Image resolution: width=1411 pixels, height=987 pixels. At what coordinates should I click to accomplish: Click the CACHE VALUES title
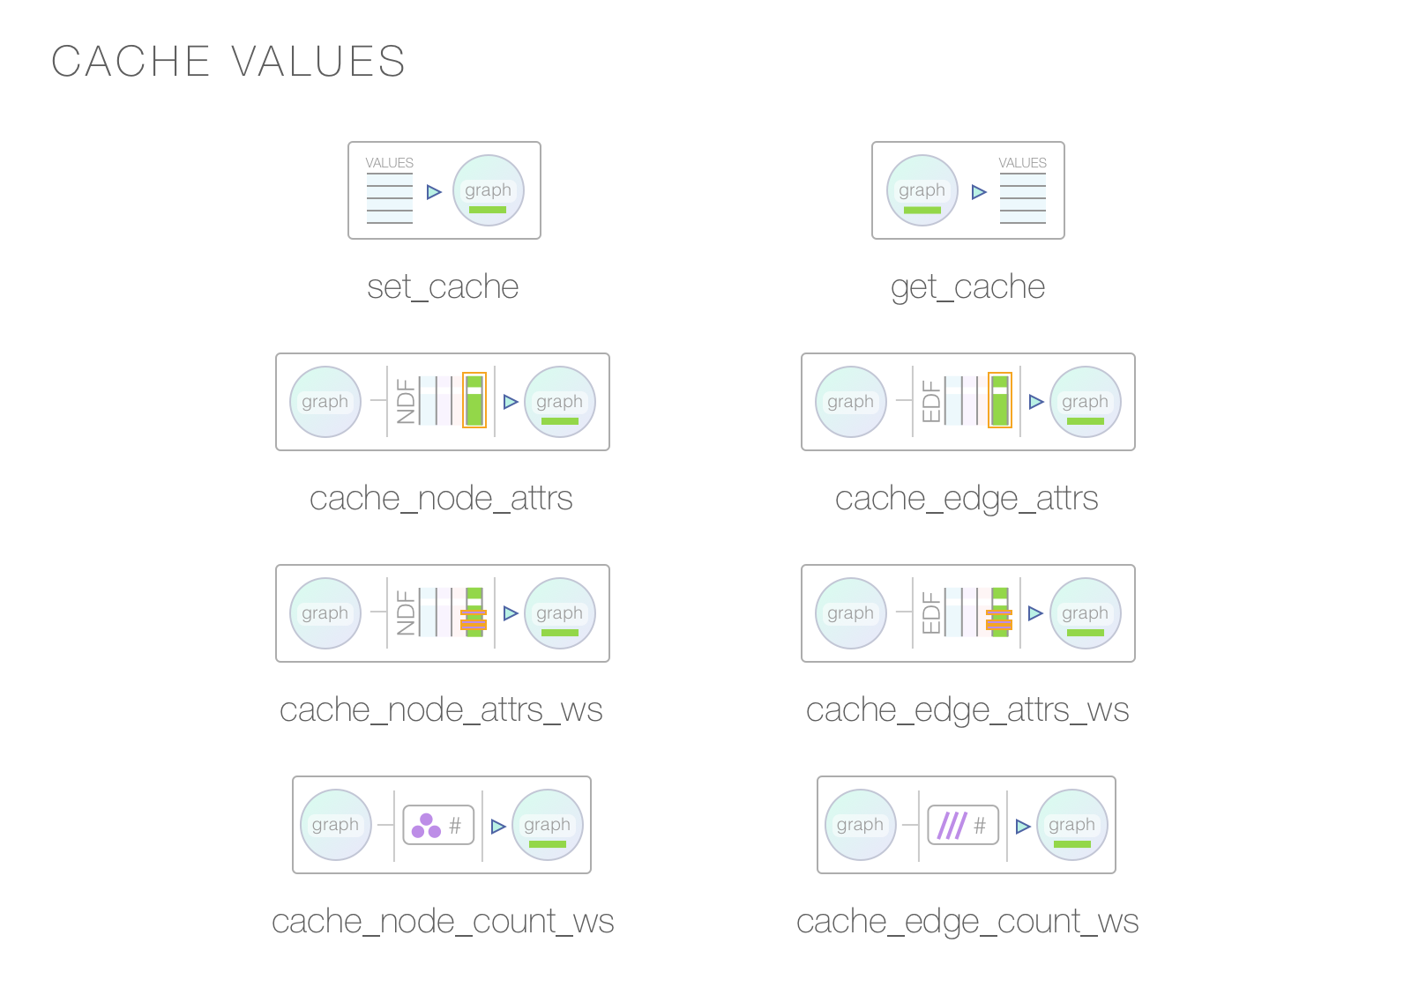point(228,62)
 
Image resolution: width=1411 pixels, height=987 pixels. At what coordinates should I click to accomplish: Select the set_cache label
point(443,287)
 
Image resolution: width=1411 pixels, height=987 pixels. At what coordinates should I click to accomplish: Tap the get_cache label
point(967,287)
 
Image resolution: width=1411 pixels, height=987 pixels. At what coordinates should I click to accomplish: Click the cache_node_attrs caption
point(441,499)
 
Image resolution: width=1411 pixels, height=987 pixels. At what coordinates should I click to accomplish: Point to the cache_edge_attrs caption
point(967,499)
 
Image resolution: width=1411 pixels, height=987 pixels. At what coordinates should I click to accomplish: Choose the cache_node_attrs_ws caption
point(441,710)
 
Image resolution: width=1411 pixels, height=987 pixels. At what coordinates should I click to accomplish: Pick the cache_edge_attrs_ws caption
point(967,710)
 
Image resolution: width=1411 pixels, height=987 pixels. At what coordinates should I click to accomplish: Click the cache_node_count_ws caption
point(443,922)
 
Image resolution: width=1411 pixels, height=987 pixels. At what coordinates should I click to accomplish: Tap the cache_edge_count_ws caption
point(967,922)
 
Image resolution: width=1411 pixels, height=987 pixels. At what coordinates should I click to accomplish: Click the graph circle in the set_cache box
point(489,190)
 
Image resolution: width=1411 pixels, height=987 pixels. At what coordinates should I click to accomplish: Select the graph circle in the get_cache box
point(922,190)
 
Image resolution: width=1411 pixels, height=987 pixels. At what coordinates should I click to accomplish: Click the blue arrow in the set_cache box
point(433,192)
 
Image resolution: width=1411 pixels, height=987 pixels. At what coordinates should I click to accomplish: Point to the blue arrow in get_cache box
point(978,192)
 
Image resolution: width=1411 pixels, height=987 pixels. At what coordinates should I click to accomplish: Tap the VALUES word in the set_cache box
point(389,163)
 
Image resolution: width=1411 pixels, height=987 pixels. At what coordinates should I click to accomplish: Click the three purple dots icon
point(426,826)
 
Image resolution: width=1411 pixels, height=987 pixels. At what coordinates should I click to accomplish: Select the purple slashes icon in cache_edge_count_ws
point(952,826)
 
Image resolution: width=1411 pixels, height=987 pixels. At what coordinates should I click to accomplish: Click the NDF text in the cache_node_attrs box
point(406,402)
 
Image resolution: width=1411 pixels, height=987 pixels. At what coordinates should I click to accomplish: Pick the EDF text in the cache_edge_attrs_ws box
point(931,613)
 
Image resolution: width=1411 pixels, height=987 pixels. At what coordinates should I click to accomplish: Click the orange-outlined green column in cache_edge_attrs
point(1000,401)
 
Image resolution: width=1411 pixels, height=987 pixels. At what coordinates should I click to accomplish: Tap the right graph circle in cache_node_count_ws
point(548,825)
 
